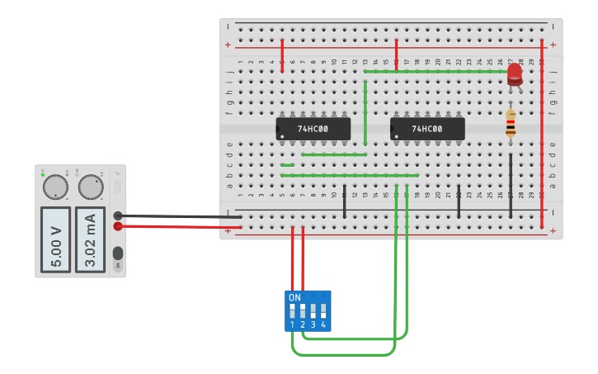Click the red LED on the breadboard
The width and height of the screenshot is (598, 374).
point(515,73)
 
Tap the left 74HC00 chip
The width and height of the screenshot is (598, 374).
point(313,129)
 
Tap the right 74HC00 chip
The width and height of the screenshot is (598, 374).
point(427,129)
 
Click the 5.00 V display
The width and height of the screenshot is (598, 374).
point(56,239)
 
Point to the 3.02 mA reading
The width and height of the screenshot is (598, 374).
point(91,239)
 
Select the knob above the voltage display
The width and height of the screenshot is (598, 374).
point(55,187)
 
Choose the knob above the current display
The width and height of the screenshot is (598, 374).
point(90,187)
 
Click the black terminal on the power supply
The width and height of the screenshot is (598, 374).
point(118,215)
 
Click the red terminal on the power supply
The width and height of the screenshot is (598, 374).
point(118,226)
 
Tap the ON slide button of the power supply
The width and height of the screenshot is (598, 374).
point(118,253)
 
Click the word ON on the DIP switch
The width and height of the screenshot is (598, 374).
point(294,297)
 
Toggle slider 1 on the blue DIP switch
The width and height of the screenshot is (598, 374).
point(292,311)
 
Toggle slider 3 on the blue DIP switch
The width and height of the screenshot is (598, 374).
point(313,311)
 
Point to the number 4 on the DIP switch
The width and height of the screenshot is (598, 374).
point(323,325)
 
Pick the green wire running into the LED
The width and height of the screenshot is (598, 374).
point(437,71)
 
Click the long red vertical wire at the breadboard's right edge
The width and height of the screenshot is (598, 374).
point(542,132)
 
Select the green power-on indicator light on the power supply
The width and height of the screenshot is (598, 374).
point(42,175)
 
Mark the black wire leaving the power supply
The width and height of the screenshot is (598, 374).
point(181,216)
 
